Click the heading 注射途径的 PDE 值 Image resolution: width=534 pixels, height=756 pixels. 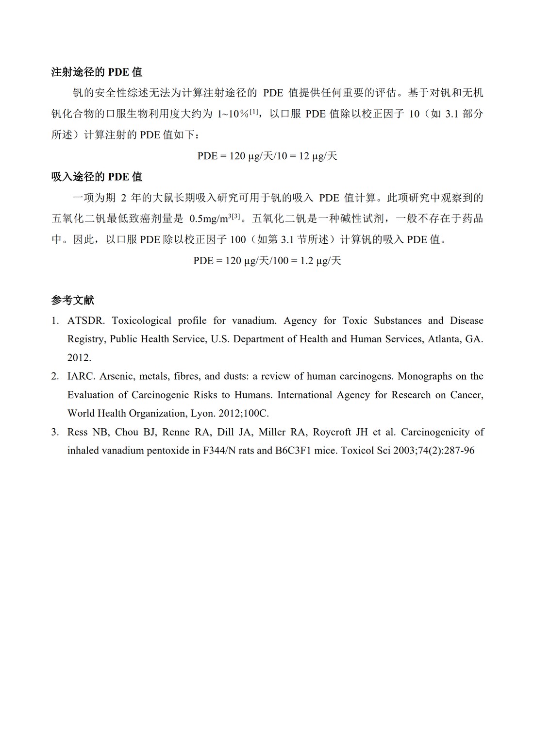tap(97, 72)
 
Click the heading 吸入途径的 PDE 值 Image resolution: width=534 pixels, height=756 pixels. tap(97, 177)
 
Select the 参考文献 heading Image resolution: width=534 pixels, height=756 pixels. tap(73, 300)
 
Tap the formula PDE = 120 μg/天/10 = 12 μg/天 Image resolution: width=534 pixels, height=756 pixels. tap(267, 156)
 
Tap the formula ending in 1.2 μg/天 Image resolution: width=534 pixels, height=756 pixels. tap(267, 261)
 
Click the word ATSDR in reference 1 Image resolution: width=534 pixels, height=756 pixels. tap(85, 320)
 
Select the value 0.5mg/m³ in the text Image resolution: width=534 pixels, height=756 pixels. tap(210, 219)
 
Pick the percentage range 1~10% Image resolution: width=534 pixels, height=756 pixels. tap(233, 114)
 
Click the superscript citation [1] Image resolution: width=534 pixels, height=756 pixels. tap(253, 112)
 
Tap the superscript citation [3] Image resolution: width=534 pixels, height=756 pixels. tap(236, 217)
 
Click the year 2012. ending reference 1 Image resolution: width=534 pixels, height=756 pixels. tap(79, 358)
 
